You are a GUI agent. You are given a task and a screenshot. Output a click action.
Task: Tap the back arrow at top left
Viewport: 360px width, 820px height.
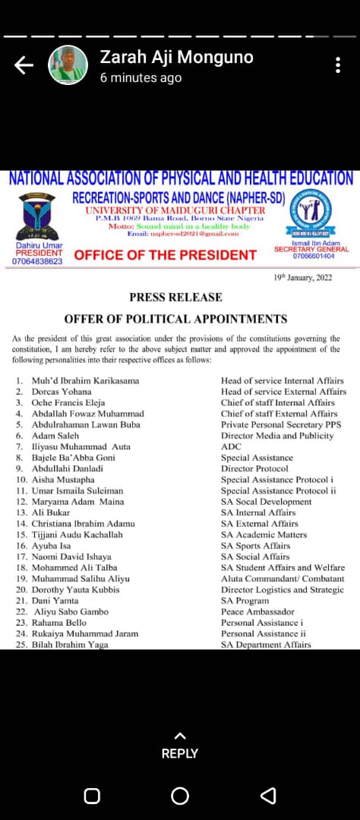pos(24,66)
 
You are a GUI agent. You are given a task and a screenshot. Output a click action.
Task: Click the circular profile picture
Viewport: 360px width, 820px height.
pos(68,65)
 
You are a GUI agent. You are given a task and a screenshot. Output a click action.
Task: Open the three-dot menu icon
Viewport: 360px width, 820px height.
pos(339,65)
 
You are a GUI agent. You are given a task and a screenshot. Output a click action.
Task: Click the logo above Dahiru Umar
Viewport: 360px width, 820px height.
pos(39,216)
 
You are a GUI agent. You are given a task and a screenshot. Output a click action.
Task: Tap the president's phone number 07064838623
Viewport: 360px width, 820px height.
pos(38,261)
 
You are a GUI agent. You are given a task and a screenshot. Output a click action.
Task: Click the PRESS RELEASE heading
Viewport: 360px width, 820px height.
pos(175,297)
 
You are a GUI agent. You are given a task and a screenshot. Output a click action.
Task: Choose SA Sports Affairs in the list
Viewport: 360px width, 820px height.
pos(255,545)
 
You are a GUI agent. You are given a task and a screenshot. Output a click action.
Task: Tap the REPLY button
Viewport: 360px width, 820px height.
pos(180,746)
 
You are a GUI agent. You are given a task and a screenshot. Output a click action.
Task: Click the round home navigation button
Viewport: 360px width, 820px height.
pos(180,796)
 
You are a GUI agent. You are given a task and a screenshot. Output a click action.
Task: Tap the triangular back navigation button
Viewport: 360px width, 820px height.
pos(268,796)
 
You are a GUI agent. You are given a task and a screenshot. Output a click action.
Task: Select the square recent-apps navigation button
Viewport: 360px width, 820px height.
pos(92,796)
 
